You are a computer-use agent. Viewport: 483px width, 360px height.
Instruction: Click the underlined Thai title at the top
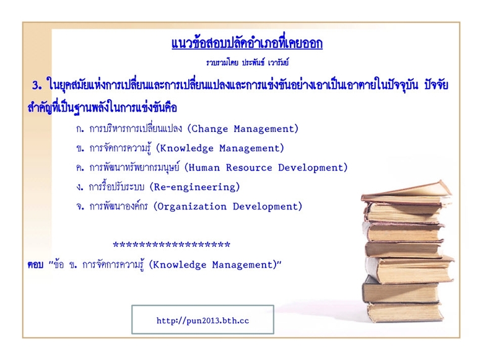tap(247, 44)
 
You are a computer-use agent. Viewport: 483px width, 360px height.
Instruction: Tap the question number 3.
tap(37, 85)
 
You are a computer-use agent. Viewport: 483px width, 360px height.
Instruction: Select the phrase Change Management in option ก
tap(245, 129)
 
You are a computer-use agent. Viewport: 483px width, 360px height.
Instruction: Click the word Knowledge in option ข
tap(186, 148)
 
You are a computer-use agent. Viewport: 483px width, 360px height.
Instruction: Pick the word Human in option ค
tap(204, 168)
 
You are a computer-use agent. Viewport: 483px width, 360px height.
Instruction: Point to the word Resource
tap(249, 168)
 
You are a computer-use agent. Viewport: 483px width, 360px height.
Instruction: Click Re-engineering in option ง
tap(195, 187)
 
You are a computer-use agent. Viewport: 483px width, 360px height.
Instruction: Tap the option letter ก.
tap(80, 129)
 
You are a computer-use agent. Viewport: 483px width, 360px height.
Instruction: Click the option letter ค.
tap(80, 168)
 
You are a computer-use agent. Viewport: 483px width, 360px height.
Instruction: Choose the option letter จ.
tap(80, 206)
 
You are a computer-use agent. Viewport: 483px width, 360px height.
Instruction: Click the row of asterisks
tap(172, 245)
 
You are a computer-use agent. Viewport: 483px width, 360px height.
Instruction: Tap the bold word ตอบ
tap(35, 265)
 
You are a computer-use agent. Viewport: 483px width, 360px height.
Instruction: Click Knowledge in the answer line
tap(180, 265)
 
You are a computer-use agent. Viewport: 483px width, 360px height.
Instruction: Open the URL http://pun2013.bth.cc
tap(202, 320)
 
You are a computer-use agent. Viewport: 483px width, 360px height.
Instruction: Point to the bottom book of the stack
tap(405, 312)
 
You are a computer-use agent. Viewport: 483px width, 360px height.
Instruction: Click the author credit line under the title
tap(247, 63)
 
